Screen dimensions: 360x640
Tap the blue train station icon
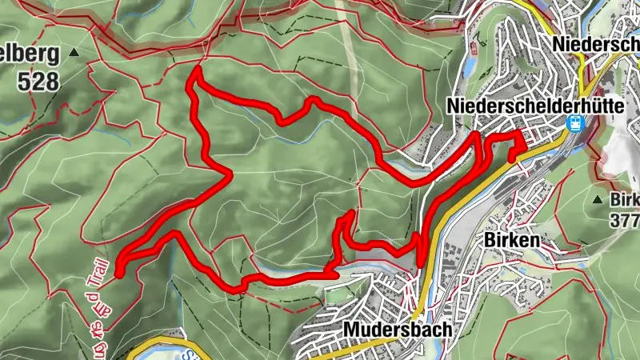[574, 122]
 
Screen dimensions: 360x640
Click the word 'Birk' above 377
[626, 198]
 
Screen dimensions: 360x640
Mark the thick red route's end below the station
[513, 158]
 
